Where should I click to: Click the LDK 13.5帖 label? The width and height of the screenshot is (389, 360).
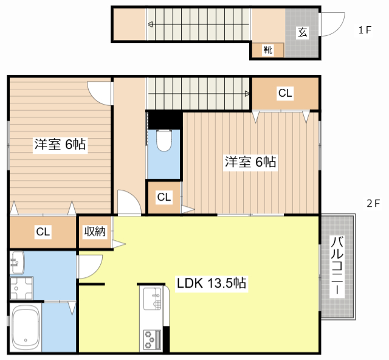pos(211,283)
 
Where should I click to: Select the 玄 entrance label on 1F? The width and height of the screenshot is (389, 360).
pos(302,33)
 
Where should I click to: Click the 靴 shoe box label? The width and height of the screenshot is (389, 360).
pos(267,50)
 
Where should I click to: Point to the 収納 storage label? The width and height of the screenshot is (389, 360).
pos(95,231)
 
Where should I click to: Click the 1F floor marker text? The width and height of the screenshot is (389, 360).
pos(365,30)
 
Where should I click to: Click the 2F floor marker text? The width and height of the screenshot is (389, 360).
pos(373,204)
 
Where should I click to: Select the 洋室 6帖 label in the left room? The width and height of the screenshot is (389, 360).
pos(59,144)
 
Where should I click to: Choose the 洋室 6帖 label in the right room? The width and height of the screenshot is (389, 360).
pos(250,162)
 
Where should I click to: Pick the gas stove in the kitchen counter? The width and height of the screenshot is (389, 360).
pos(151,338)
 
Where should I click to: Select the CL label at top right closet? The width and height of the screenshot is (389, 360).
pos(284,93)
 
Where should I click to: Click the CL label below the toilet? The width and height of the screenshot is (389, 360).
pos(164,197)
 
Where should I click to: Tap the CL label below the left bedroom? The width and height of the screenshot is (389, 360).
pos(42,232)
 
